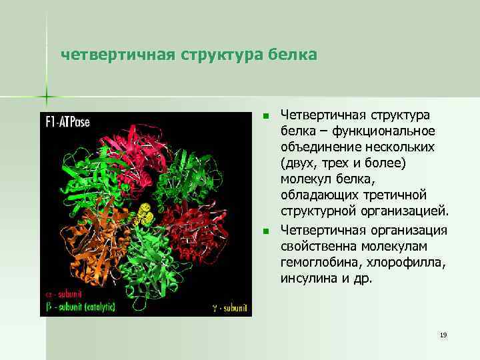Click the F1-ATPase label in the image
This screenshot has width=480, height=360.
[68, 122]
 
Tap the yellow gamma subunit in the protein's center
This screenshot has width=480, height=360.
[143, 215]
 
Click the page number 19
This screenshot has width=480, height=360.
[443, 335]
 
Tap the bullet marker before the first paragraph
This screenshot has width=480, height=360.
[265, 117]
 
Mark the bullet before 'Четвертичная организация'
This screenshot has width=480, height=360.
[265, 231]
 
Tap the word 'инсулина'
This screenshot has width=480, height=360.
[309, 278]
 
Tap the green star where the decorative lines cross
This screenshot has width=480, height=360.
[47, 97]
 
